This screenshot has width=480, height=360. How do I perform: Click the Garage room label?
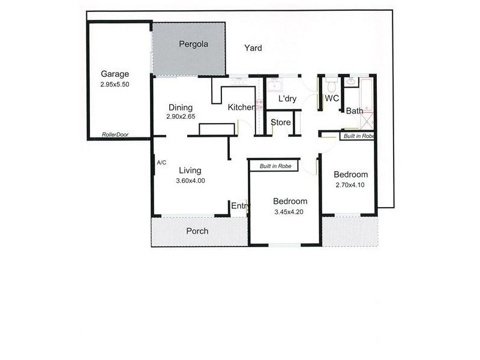pyautogui.click(x=115, y=74)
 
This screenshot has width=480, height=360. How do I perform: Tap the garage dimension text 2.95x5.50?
pyautogui.click(x=115, y=85)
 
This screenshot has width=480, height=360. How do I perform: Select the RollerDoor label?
pyautogui.click(x=115, y=134)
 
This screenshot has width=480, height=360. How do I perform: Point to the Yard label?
pyautogui.click(x=253, y=48)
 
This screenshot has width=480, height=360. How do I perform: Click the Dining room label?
pyautogui.click(x=180, y=108)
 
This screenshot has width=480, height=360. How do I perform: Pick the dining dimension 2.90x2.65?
pyautogui.click(x=181, y=117)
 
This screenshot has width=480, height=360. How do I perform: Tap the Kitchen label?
pyautogui.click(x=241, y=107)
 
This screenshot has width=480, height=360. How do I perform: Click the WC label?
pyautogui.click(x=332, y=98)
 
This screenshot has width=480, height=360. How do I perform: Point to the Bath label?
pyautogui.click(x=354, y=111)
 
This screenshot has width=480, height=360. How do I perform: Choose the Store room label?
pyautogui.click(x=281, y=122)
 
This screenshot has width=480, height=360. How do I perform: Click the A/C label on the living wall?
pyautogui.click(x=161, y=163)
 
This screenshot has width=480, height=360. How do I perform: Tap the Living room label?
pyautogui.click(x=190, y=170)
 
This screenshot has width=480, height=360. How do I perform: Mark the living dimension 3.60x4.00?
pyautogui.click(x=191, y=180)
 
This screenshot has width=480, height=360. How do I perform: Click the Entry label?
pyautogui.click(x=241, y=206)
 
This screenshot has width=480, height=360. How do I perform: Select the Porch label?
pyautogui.click(x=197, y=231)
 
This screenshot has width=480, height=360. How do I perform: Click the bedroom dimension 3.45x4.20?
pyautogui.click(x=290, y=212)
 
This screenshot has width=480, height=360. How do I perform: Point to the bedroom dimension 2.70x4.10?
pyautogui.click(x=350, y=185)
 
